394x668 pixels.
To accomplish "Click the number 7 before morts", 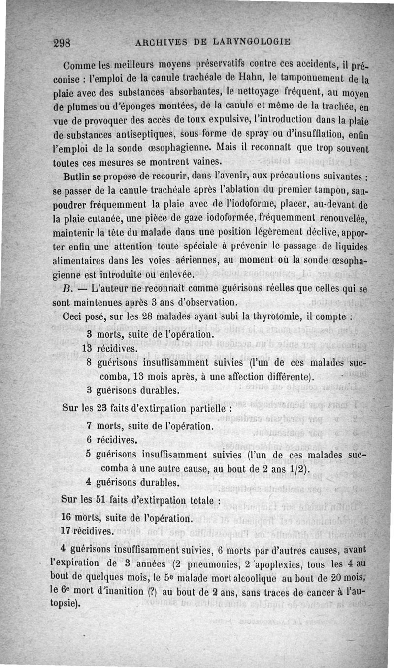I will (90, 425).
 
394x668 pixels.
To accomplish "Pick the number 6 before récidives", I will (90, 439).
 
